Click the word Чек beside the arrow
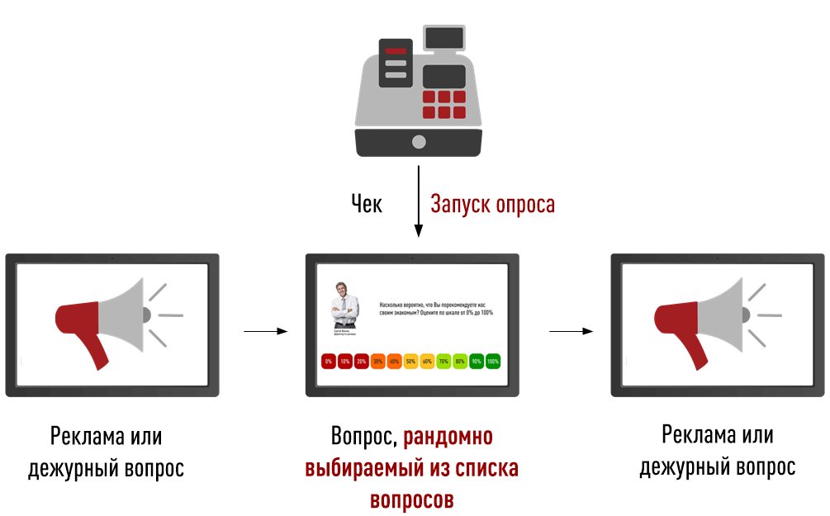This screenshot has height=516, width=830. (x=367, y=204)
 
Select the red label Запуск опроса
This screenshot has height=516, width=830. (x=493, y=204)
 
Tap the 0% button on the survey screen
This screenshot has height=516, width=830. (x=328, y=362)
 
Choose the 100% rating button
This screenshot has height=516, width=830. (x=493, y=362)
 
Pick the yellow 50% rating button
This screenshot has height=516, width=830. (x=410, y=362)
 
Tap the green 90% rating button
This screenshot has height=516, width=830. (x=477, y=362)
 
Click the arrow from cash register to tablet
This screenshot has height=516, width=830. (x=419, y=202)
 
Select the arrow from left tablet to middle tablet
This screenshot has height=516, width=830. (x=265, y=331)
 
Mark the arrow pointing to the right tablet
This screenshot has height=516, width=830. (x=572, y=331)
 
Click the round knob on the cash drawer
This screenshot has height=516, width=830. (x=419, y=141)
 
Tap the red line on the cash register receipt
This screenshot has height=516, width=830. (x=396, y=52)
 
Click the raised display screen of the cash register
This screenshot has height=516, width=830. (x=443, y=38)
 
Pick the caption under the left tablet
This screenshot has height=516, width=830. (x=106, y=452)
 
